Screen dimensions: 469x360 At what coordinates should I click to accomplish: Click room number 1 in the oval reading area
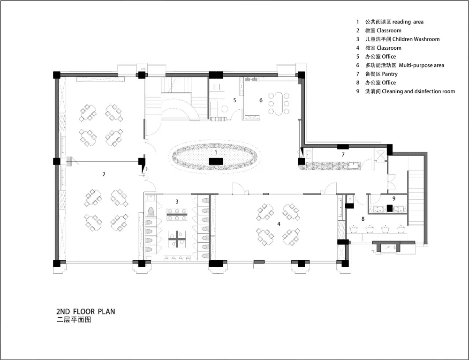(216, 153)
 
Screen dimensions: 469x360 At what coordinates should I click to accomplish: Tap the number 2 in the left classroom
(104, 174)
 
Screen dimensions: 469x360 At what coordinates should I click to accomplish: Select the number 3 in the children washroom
(177, 202)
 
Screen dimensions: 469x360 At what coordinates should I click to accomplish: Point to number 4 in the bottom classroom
(279, 224)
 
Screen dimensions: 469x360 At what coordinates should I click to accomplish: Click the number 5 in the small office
(234, 100)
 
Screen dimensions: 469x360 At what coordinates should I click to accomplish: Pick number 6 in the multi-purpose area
(261, 100)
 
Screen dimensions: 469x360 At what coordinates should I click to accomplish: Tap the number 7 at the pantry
(343, 155)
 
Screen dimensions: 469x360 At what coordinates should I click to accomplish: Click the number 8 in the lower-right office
(363, 219)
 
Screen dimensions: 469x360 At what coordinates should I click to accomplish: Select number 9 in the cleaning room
(394, 199)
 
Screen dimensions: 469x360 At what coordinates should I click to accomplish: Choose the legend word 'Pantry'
(390, 74)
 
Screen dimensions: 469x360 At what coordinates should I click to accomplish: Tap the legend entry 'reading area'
(408, 22)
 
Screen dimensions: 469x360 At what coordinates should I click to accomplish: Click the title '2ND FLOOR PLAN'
(85, 312)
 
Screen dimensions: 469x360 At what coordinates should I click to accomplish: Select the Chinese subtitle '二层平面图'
(74, 320)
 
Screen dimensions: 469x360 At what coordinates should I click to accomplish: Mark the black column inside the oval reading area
(216, 161)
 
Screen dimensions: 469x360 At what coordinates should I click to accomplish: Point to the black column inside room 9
(389, 208)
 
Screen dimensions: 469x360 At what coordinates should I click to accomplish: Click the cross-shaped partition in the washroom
(177, 239)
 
